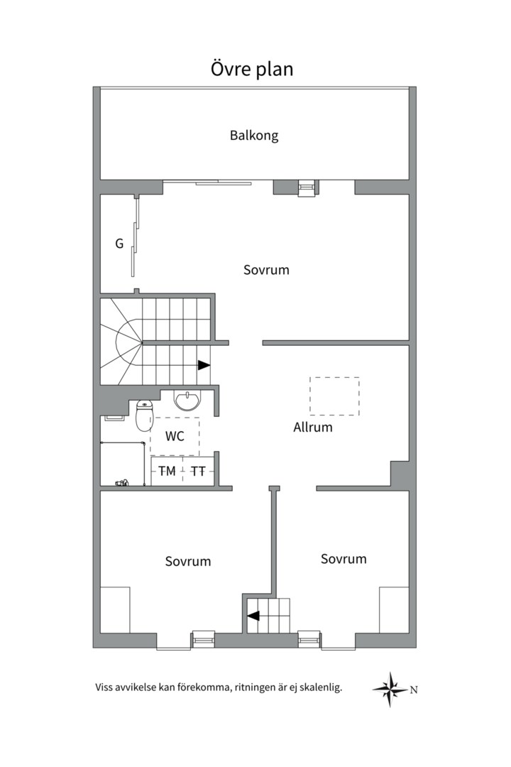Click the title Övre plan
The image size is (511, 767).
pos(252,69)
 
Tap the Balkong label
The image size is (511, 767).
pos(254,135)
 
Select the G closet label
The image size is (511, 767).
pos(119,244)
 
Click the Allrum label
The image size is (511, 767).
pos(313,428)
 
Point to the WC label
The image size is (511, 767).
pos(175,436)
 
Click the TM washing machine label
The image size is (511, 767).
pos(167,471)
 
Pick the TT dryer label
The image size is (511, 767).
pos(199,471)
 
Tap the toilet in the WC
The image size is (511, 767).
pos(144,416)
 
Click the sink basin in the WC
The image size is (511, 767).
pos(188,401)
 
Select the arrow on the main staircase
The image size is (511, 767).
pos(204,365)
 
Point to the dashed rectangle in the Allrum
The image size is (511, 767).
pos(334,396)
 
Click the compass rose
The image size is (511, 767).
pos(390,689)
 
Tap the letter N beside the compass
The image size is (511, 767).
pos(414,689)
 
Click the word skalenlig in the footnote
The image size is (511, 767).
pos(319,687)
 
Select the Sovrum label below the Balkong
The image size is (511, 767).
pos(266,270)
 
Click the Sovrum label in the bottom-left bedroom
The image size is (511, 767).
pos(188,561)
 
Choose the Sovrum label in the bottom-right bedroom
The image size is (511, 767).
pos(344,559)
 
